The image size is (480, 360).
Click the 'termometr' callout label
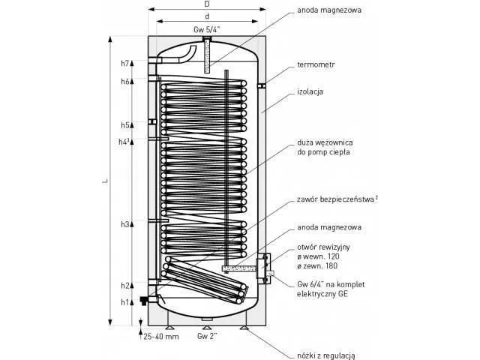[316, 65]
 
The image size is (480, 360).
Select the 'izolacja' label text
[310, 91]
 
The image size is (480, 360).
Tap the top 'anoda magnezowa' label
[329, 10]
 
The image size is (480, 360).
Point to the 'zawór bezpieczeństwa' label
[335, 199]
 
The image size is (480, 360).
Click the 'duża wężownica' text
[325, 142]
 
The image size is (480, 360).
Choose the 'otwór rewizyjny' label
[323, 247]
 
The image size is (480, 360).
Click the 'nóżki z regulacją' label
[326, 355]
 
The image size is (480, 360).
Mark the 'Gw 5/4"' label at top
[207, 30]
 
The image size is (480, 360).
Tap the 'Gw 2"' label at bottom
[207, 336]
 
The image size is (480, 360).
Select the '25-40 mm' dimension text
[161, 337]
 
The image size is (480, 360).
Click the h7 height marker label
[125, 63]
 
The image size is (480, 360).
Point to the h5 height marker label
[125, 125]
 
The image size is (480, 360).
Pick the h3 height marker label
[125, 224]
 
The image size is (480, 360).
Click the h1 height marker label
[125, 302]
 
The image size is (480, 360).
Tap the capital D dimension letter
[207, 4]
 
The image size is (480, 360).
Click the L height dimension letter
[105, 181]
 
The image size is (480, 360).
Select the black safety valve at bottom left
[143, 300]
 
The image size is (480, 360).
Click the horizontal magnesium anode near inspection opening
[238, 268]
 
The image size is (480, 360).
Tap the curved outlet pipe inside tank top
[187, 55]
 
